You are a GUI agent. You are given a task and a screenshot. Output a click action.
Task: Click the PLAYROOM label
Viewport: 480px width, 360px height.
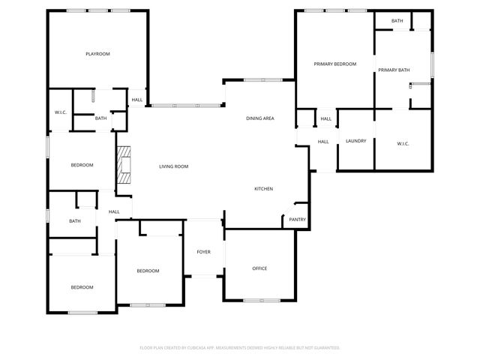click(97, 54)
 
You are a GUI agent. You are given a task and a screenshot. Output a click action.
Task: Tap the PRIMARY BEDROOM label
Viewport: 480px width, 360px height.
click(334, 64)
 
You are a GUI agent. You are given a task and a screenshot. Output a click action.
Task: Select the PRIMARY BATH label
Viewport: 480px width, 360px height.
click(394, 70)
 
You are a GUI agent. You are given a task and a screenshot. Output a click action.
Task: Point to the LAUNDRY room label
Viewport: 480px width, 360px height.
click(355, 141)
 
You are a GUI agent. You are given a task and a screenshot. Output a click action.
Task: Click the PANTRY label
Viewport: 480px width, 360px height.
click(297, 220)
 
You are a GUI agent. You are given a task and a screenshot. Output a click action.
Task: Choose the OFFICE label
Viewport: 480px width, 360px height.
click(259, 268)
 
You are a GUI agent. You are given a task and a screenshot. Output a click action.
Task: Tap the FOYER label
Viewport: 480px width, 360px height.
click(204, 251)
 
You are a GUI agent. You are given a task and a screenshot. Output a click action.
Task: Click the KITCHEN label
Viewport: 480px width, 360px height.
click(263, 188)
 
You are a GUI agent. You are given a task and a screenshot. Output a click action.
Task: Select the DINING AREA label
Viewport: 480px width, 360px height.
click(259, 118)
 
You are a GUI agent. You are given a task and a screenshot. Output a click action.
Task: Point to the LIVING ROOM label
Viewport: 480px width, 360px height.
click(173, 166)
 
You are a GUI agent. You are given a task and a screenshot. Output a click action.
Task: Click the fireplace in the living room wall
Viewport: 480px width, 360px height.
click(122, 165)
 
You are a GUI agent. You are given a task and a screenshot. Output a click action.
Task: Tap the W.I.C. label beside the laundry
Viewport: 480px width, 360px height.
click(403, 143)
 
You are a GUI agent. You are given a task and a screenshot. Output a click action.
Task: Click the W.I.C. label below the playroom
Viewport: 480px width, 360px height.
click(61, 112)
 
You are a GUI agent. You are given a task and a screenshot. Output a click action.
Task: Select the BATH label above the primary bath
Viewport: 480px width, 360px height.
click(397, 21)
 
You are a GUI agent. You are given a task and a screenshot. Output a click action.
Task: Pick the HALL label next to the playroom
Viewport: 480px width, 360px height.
click(137, 100)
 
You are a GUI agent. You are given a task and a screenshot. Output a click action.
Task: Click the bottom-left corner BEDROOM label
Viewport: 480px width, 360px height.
click(82, 287)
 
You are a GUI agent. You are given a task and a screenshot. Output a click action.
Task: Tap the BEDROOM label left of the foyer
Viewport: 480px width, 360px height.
click(148, 271)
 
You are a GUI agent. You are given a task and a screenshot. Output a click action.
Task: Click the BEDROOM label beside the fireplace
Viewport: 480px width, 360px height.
click(82, 165)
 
